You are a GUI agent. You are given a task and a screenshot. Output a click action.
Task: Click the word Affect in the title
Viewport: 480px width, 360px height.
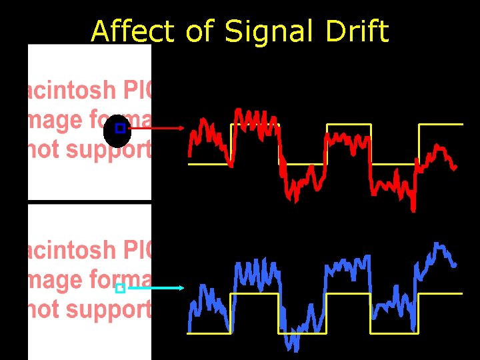(x=132, y=31)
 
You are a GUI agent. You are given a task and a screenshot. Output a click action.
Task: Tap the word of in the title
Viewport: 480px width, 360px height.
(x=199, y=31)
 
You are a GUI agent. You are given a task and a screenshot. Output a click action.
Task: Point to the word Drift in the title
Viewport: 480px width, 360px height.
(x=358, y=31)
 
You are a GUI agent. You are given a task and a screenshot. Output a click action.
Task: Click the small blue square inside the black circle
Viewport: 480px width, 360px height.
(x=120, y=128)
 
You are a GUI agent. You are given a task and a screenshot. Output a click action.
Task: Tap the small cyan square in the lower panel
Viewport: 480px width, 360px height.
(x=120, y=289)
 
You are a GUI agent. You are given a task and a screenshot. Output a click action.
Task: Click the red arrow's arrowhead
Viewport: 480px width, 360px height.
(x=181, y=127)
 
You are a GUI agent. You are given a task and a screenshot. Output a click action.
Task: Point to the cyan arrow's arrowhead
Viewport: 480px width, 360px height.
(x=180, y=288)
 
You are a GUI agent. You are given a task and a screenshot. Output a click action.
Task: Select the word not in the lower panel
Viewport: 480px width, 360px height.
(x=41, y=311)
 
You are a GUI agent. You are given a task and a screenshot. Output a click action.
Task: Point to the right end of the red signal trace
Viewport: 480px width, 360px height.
(x=455, y=167)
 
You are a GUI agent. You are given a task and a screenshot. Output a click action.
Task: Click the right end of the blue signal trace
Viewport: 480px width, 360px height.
(x=455, y=265)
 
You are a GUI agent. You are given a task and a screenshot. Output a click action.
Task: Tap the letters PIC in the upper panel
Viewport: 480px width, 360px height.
(x=137, y=91)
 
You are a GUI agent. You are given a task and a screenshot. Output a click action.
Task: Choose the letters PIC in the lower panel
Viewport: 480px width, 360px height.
(x=137, y=251)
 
